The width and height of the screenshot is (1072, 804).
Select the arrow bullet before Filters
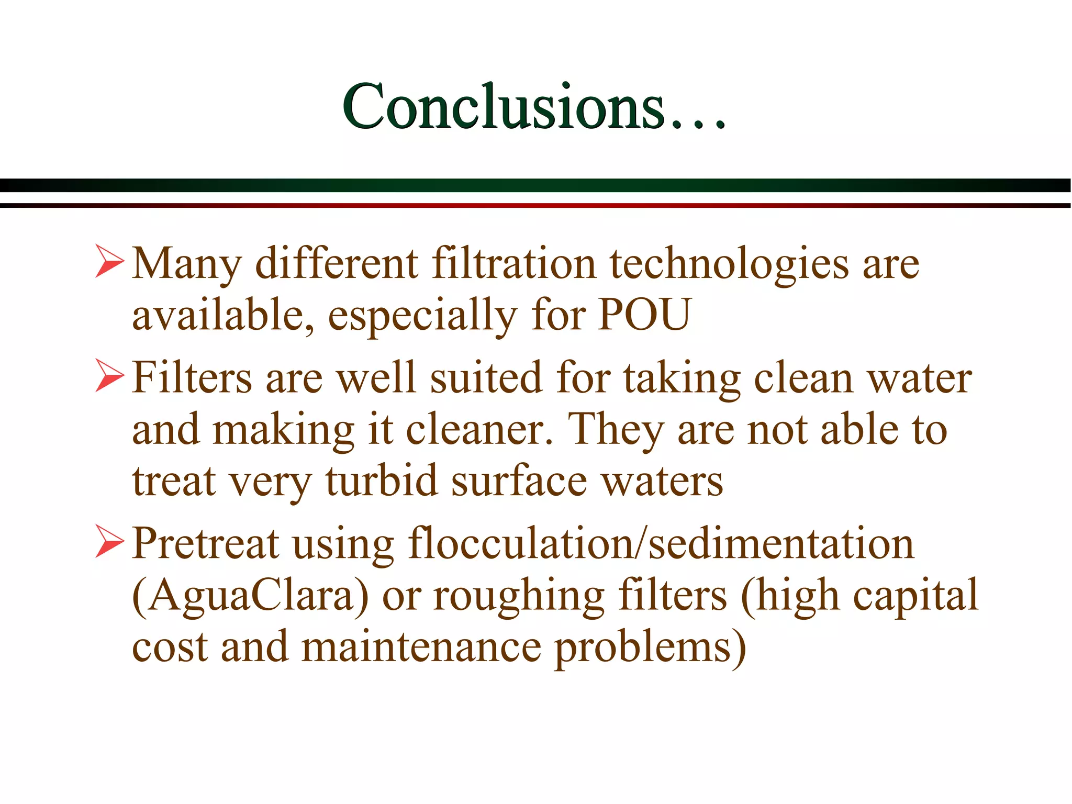tap(109, 375)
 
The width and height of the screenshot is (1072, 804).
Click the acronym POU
tap(644, 314)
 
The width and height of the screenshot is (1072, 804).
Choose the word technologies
tap(729, 264)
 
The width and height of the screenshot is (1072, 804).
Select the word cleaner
tap(479, 429)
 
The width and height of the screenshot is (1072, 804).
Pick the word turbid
tap(381, 481)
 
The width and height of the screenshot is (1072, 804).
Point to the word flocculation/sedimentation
tap(661, 543)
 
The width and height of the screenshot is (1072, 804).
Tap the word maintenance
tap(421, 647)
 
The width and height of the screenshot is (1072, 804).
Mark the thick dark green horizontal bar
tap(536, 185)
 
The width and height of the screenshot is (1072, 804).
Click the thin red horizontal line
tap(536, 205)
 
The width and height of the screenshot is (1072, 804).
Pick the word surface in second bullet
tap(519, 481)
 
